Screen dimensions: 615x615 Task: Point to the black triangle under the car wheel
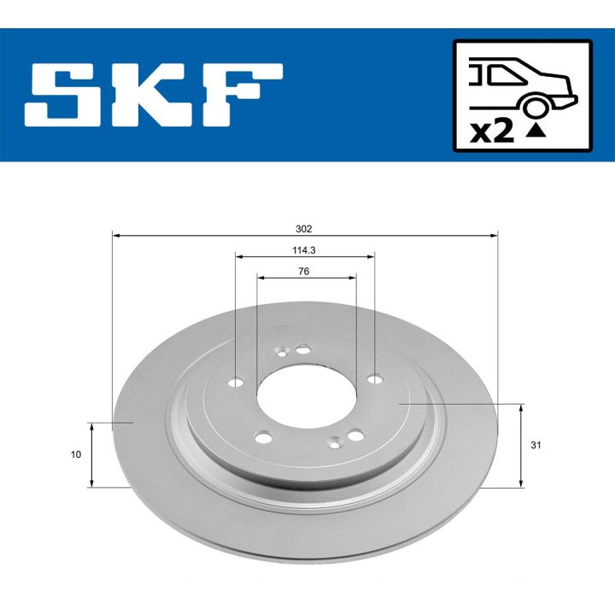point(536,132)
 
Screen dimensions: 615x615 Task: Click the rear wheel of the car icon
point(536,108)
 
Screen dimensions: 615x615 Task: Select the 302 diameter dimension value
point(304,228)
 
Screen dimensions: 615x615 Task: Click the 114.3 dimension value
point(304,249)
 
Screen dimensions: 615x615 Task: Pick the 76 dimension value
point(304,271)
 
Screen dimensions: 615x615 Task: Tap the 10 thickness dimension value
point(77,454)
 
